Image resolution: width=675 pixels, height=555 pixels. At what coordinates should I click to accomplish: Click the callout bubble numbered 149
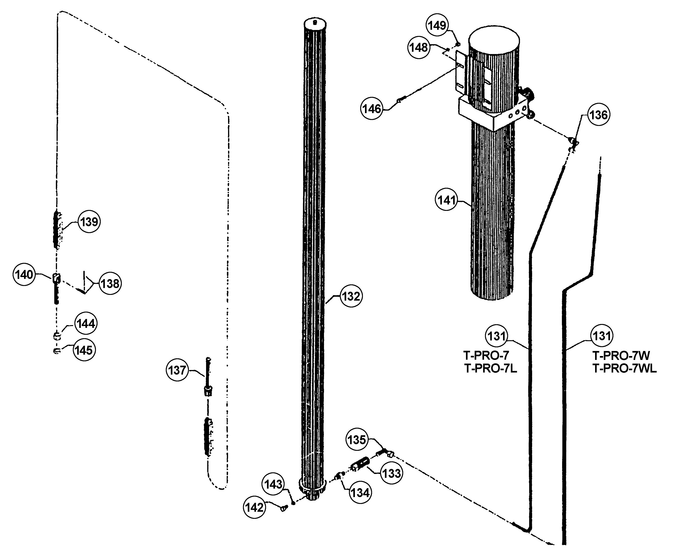tap(437, 25)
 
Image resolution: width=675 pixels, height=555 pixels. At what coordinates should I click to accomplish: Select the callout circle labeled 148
tap(419, 48)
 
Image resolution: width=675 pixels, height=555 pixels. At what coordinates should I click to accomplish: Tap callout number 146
tap(372, 109)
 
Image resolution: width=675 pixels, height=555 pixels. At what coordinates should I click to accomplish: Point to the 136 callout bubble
tap(599, 115)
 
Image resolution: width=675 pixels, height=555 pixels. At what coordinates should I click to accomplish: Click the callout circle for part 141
tap(446, 200)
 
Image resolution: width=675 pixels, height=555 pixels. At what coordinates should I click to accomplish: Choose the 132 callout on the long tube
tap(351, 296)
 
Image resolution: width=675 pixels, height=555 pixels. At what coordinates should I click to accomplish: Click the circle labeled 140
tap(24, 274)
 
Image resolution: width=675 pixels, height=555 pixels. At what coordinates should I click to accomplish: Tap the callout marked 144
tap(86, 324)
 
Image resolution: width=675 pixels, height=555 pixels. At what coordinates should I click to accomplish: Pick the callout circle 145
tap(84, 350)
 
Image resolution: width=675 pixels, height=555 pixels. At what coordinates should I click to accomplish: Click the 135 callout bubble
tap(357, 440)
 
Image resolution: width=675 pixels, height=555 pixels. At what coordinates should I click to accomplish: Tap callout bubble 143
tap(273, 484)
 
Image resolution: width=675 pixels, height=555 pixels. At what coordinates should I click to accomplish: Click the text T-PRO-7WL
tap(624, 369)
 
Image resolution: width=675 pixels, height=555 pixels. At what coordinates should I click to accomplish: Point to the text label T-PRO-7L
tap(490, 369)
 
